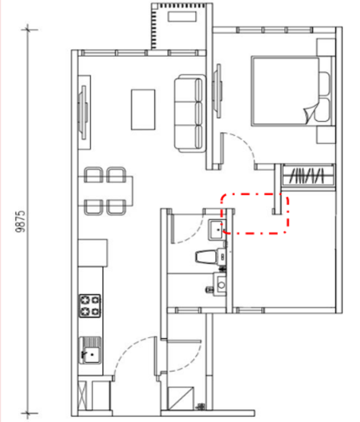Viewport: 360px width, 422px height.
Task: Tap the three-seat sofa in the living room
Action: click(189, 113)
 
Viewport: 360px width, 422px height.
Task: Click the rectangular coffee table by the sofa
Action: click(143, 109)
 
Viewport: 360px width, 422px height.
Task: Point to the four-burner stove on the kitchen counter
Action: click(90, 306)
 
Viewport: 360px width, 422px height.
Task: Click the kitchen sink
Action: click(90, 351)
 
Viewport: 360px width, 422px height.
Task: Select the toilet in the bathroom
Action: click(210, 257)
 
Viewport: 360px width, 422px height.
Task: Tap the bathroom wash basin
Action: click(216, 230)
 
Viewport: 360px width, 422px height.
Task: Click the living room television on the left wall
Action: click(83, 112)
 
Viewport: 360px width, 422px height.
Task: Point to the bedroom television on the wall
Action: click(218, 91)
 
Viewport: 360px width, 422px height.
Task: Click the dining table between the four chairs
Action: click(105, 191)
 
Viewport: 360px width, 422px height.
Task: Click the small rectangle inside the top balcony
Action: click(182, 17)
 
